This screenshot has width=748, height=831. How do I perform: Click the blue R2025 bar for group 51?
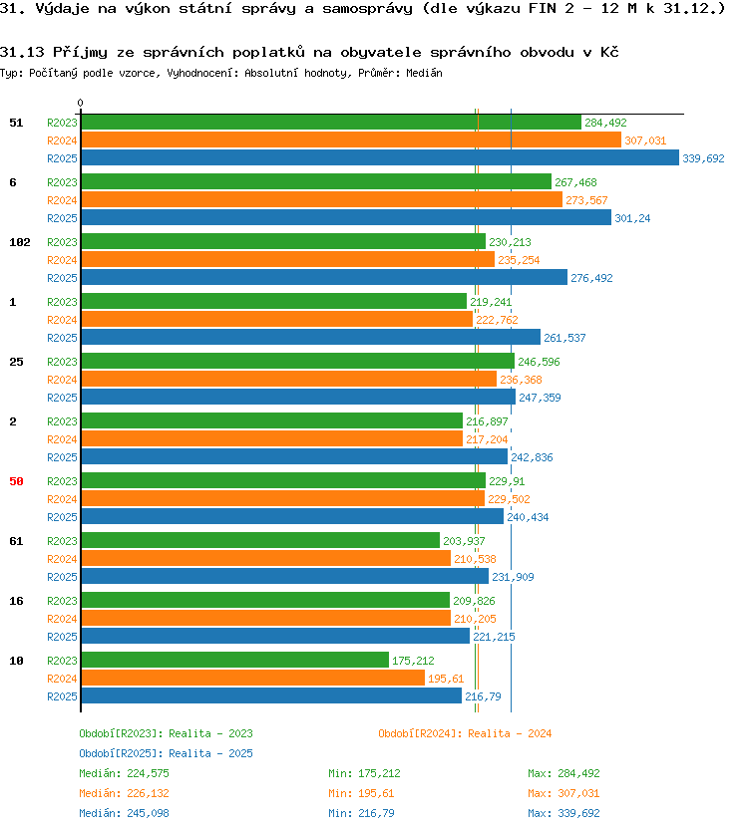point(380,157)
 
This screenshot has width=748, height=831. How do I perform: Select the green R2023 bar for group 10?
point(235,660)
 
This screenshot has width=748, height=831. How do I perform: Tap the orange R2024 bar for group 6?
point(321,199)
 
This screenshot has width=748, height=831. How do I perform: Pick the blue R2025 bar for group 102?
point(324,277)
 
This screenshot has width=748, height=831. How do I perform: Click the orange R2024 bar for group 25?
point(288,379)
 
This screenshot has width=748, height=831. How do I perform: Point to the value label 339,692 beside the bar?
point(703,158)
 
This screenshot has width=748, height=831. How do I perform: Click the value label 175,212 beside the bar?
point(413,661)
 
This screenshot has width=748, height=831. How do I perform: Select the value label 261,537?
point(564,338)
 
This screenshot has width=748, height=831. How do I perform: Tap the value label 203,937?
point(464,541)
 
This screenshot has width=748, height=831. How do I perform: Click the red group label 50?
point(16,481)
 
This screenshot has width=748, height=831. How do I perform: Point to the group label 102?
point(20,242)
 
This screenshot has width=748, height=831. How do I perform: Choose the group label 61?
point(16,541)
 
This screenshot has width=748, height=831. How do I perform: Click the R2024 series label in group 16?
point(62,619)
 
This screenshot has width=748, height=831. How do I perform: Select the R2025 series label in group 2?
point(62,457)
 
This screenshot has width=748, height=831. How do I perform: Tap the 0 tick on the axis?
point(80,103)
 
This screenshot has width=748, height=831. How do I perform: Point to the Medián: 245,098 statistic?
point(124,813)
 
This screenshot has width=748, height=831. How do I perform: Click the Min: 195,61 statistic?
point(361,793)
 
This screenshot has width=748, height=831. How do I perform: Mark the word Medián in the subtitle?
point(425,73)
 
